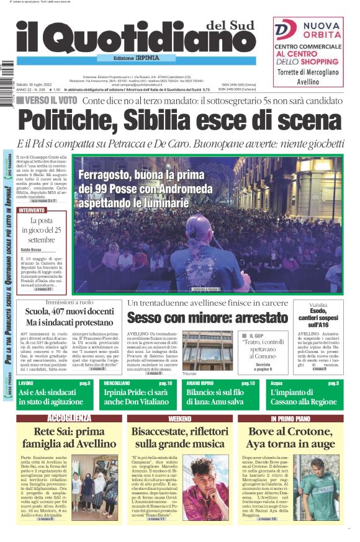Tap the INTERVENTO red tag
pos(33,210)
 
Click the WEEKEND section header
pos(180,419)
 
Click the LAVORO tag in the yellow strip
pos(27,384)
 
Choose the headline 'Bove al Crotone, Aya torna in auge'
pos(290,438)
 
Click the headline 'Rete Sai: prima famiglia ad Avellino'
pos(69,438)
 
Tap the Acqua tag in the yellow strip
pos(277,384)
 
